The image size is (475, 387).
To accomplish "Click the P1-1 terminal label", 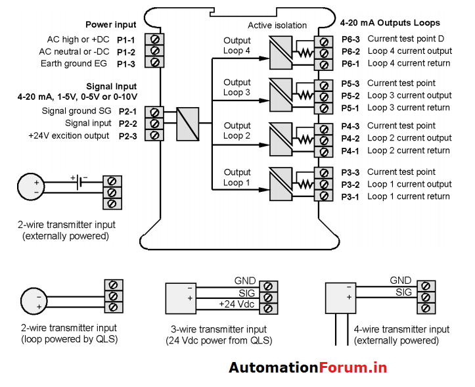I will (x=126, y=39).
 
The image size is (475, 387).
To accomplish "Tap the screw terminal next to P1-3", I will (x=154, y=63).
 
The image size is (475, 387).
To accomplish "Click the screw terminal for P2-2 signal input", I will (x=154, y=124).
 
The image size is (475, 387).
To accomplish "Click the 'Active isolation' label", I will (x=277, y=26).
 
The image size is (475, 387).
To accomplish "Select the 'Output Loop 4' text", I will (x=237, y=46).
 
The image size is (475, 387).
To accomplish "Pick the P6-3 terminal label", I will (x=350, y=39).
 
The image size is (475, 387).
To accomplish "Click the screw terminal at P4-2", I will (x=323, y=139).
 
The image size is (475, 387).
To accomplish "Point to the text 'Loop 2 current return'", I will (x=409, y=150).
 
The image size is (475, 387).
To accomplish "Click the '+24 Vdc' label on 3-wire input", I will (x=237, y=305).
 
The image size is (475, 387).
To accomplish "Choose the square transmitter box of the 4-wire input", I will (x=341, y=299).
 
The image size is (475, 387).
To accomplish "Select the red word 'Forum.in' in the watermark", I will (x=353, y=368).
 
